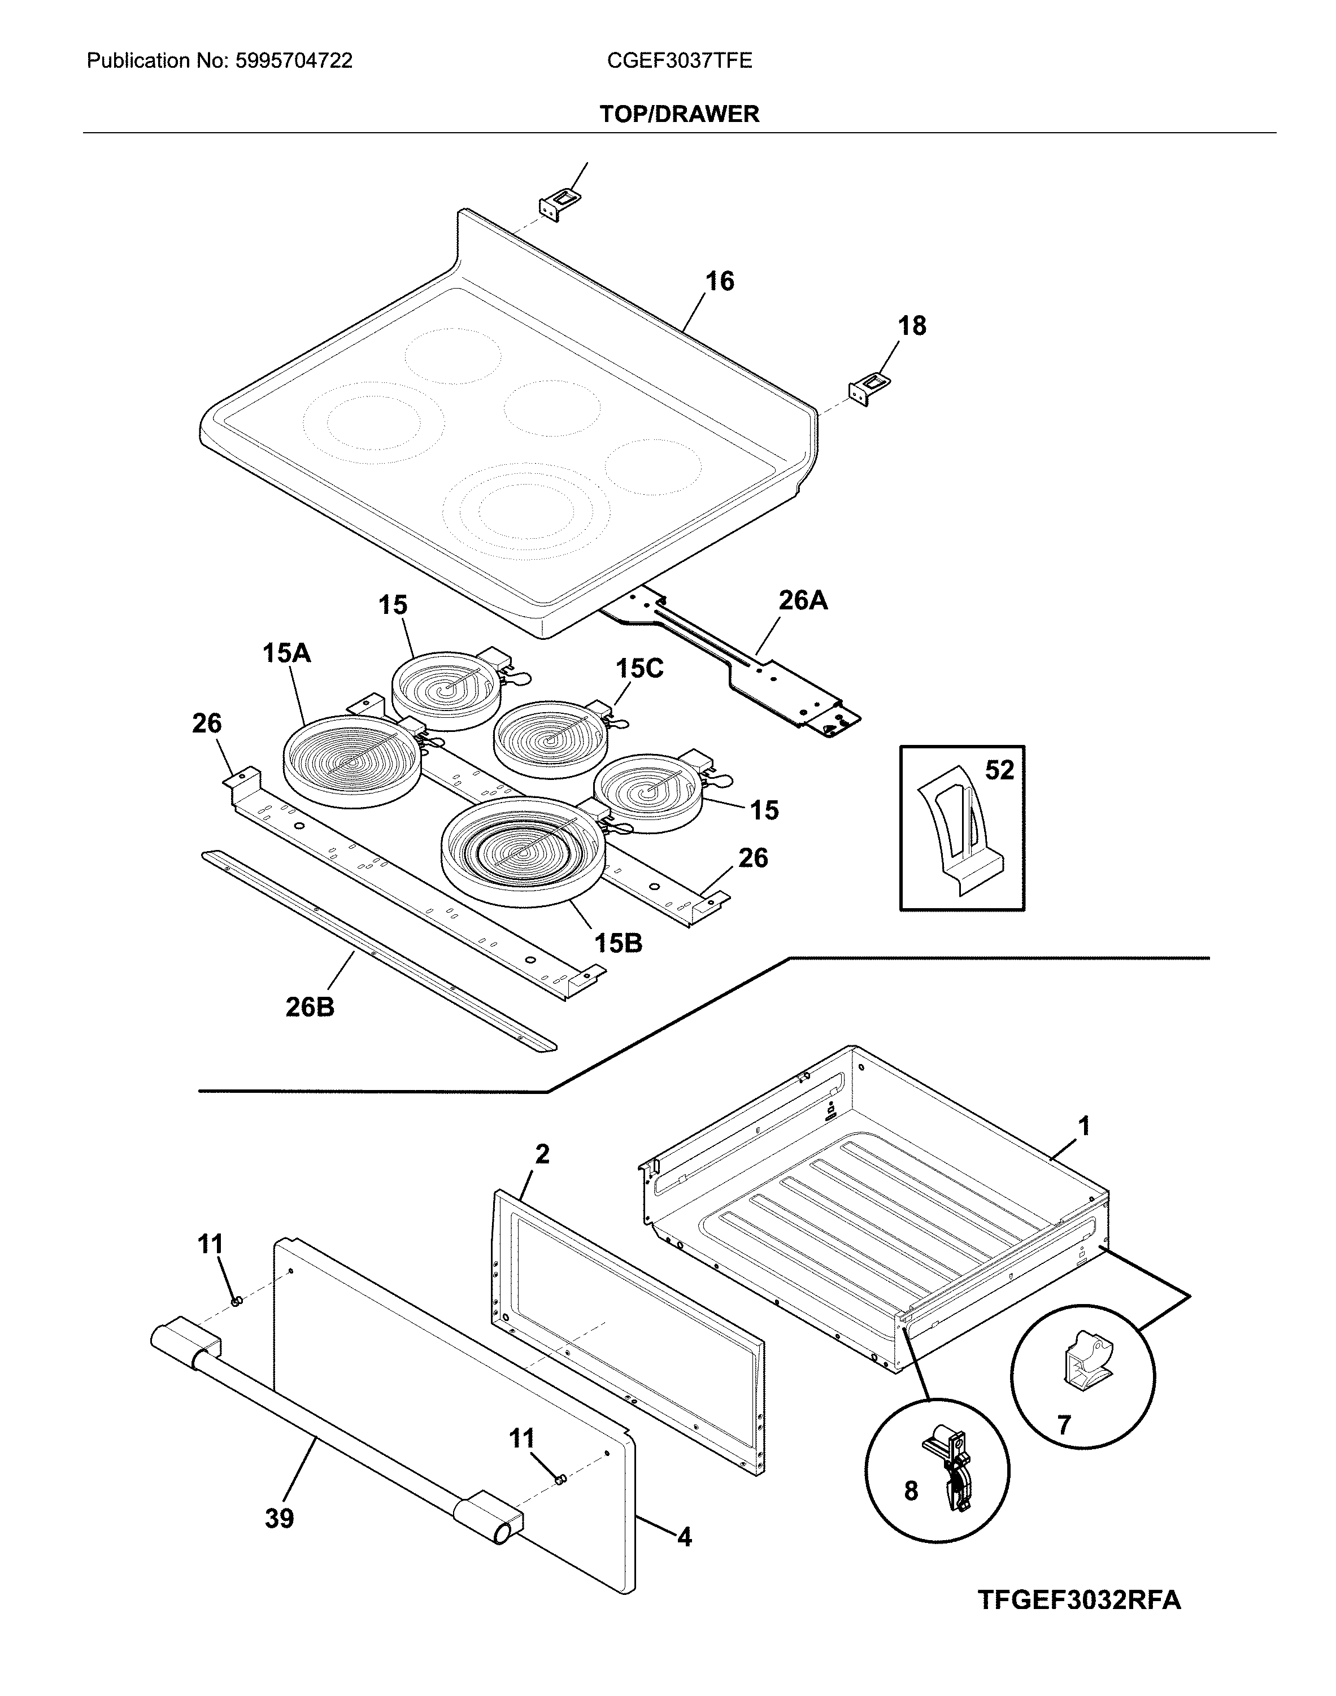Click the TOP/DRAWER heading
click(679, 114)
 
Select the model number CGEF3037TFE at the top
click(679, 61)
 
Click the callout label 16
click(720, 281)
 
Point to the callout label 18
click(911, 325)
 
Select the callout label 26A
click(803, 600)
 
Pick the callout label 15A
click(286, 653)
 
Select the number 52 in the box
click(999, 770)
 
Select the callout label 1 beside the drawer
click(1083, 1127)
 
